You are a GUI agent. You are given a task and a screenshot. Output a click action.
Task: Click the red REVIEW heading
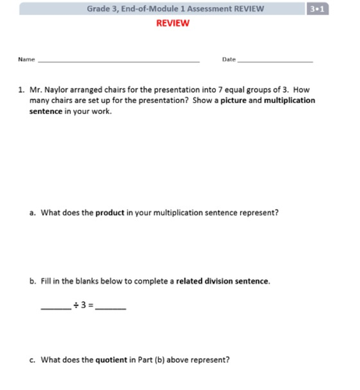tap(172, 23)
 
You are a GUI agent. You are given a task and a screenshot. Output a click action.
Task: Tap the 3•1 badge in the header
tap(317, 9)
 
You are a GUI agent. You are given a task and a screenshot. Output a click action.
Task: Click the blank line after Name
tap(118, 61)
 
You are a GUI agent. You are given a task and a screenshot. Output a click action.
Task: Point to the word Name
tap(26, 59)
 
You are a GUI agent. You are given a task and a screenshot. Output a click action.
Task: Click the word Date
tap(228, 59)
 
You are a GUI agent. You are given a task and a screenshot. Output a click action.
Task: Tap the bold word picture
tap(238, 101)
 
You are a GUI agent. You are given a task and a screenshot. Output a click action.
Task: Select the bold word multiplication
tap(290, 101)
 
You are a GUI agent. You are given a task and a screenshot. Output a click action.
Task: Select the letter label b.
tap(32, 281)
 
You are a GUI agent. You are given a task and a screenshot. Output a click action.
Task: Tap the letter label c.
tap(32, 360)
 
